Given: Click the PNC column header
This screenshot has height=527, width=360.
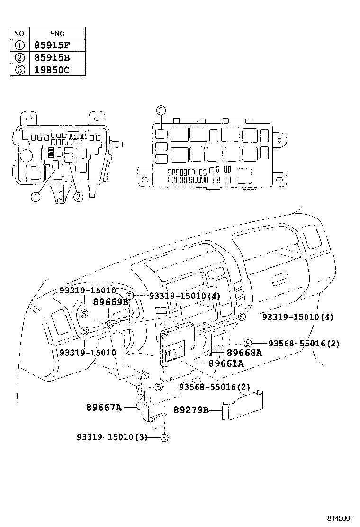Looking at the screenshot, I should point(57,34).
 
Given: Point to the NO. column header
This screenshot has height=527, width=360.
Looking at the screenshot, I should point(20,34).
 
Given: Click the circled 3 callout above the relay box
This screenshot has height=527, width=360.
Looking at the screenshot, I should point(161,111).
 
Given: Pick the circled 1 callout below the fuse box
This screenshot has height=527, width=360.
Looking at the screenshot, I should point(36,197).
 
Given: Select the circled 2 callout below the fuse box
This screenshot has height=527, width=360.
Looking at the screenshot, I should point(78,197).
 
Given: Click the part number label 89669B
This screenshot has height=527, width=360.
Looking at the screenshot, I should point(110,302).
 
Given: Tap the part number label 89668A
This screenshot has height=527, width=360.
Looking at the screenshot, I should point(244,353).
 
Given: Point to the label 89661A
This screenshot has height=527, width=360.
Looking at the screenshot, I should point(226,363).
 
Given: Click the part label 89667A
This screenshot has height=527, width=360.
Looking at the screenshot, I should point(104,407).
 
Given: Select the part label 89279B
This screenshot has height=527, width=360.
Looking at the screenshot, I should point(190,410).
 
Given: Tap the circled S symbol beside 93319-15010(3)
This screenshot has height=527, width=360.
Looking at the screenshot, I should point(164,437).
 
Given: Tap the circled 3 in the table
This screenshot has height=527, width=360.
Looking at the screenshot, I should point(20,70).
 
